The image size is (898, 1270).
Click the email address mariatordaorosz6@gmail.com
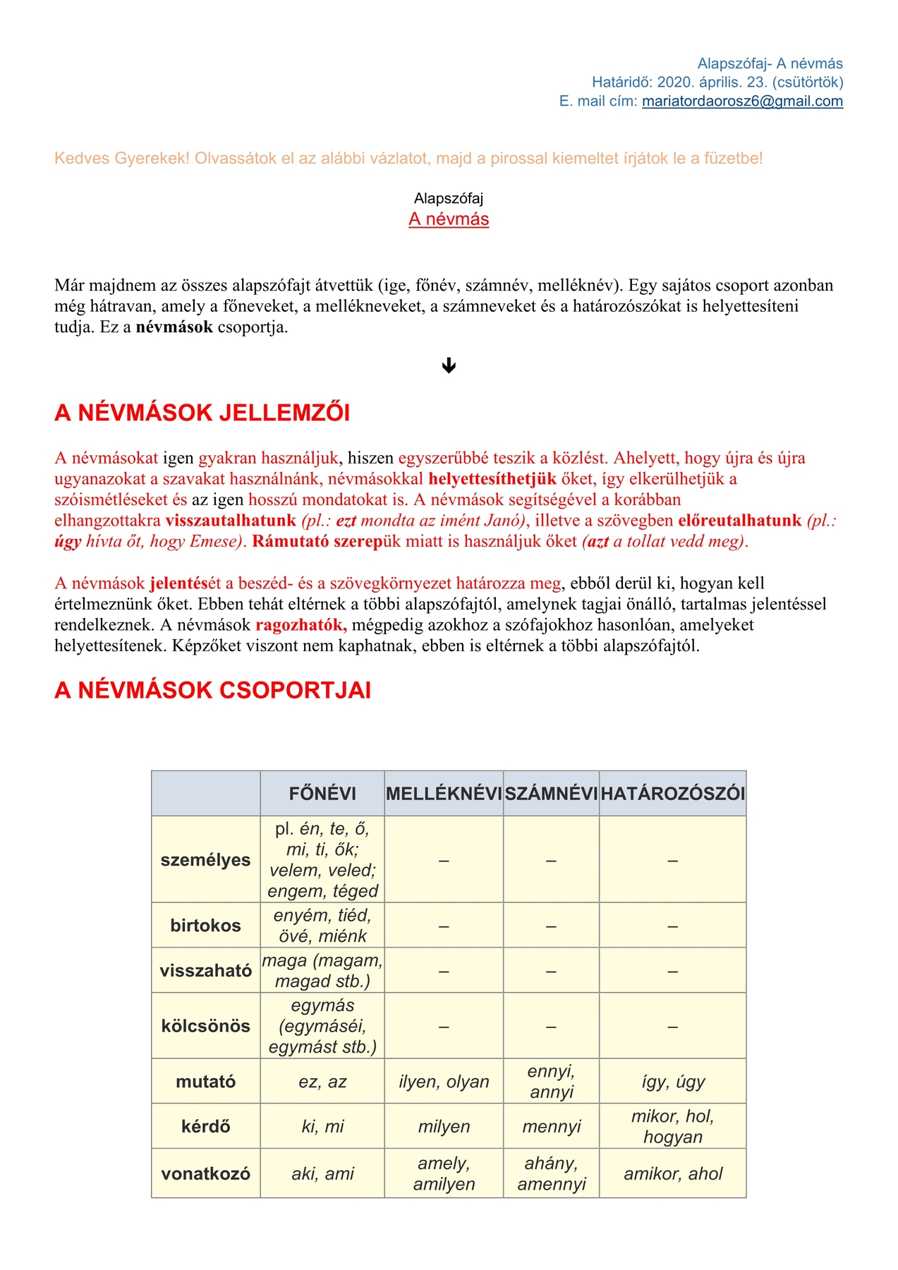pyautogui.click(x=742, y=101)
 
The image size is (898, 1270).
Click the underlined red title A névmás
pyautogui.click(x=449, y=219)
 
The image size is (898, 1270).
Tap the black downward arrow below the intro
pyautogui.click(x=449, y=365)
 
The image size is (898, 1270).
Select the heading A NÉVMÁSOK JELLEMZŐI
pyautogui.click(x=202, y=413)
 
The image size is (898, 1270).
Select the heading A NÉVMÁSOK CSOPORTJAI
pyautogui.click(x=213, y=690)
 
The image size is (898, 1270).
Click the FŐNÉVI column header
pyautogui.click(x=322, y=794)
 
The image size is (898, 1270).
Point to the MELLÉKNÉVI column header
pyautogui.click(x=444, y=794)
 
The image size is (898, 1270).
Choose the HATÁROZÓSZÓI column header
pyautogui.click(x=672, y=794)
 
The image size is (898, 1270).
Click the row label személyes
pyautogui.click(x=205, y=860)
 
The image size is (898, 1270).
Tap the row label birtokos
pyautogui.click(x=205, y=926)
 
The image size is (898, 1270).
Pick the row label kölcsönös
pyautogui.click(x=205, y=1026)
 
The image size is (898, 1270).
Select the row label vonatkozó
pyautogui.click(x=205, y=1174)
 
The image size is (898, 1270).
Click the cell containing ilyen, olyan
pyautogui.click(x=444, y=1082)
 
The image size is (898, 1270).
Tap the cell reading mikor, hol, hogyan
pyautogui.click(x=672, y=1126)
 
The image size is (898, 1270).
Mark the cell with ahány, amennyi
pyautogui.click(x=551, y=1173)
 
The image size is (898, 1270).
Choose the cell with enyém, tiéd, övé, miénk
pyautogui.click(x=322, y=926)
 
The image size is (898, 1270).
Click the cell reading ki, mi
pyautogui.click(x=322, y=1127)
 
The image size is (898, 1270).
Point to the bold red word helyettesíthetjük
pyautogui.click(x=492, y=479)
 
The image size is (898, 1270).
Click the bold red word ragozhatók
pyautogui.click(x=301, y=625)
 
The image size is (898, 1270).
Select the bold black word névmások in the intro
pyautogui.click(x=174, y=327)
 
